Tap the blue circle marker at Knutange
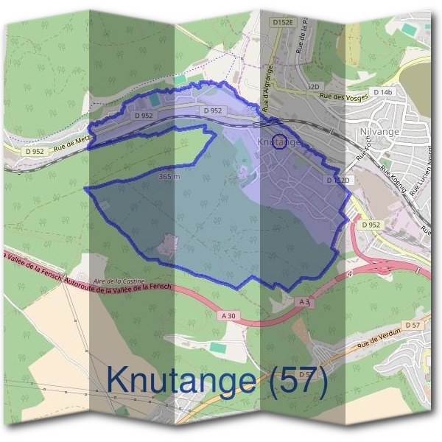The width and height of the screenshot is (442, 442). [279, 143]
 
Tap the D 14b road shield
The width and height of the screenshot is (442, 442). [384, 92]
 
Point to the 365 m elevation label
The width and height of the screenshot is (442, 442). [169, 177]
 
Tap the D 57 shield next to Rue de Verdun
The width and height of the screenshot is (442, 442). [412, 325]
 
